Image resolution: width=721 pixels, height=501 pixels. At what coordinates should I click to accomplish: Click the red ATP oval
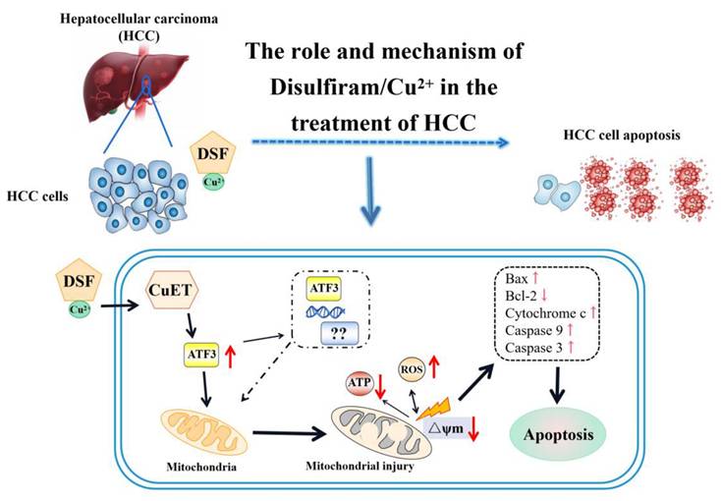coord(359,384)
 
